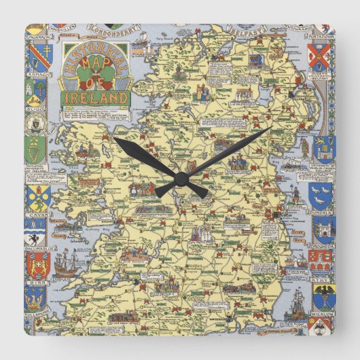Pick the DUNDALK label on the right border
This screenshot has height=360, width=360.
click(319, 210)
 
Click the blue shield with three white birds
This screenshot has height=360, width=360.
click(320, 194)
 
